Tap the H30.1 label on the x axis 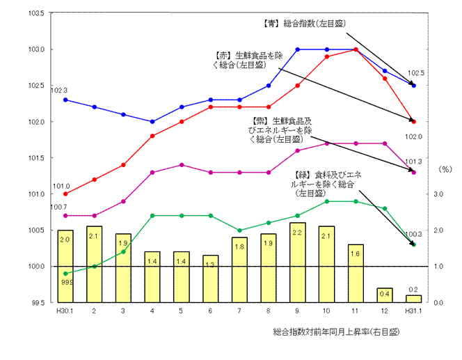(x=65, y=311)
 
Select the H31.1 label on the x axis (x=413, y=311)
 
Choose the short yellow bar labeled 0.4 (x=384, y=295)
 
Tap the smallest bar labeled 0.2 (x=414, y=299)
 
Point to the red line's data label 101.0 (x=61, y=186)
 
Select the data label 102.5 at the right (x=415, y=72)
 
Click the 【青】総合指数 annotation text (x=300, y=23)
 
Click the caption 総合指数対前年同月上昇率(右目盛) (x=336, y=332)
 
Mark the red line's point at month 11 (x=356, y=49)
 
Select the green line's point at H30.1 (x=65, y=274)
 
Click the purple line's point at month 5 (x=182, y=165)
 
